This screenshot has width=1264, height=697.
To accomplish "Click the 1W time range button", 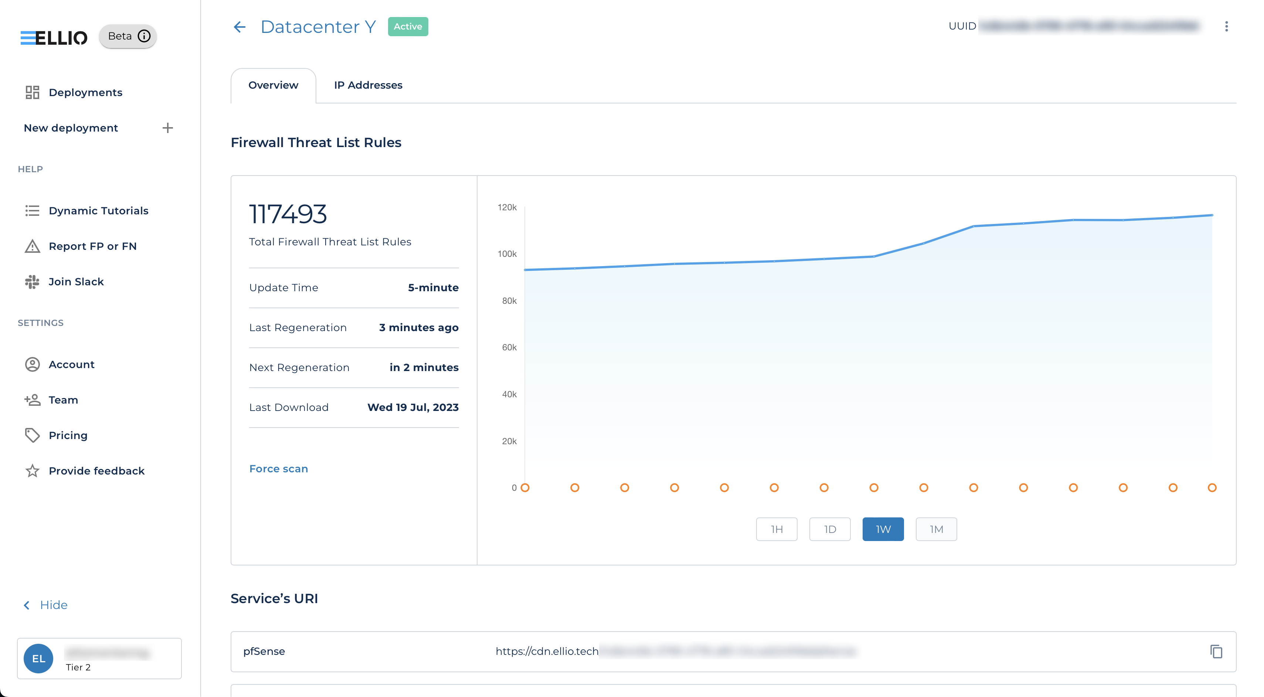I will coord(883,529).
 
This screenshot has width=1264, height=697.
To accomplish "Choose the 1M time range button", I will coord(936,529).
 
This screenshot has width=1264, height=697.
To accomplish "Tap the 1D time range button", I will coord(829,529).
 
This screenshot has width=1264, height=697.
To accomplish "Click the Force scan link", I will coord(278,469).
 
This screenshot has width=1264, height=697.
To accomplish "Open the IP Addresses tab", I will coord(368,85).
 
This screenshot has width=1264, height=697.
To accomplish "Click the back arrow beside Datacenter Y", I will coord(239,27).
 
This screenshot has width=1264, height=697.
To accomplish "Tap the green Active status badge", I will coord(408,27).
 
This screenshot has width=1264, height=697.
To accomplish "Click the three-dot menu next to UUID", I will coord(1226,27).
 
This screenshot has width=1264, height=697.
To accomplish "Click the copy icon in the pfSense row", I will coord(1216,652).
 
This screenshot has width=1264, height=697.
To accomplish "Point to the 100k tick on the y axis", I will coord(507,254).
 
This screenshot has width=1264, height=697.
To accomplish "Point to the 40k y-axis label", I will coord(509,394).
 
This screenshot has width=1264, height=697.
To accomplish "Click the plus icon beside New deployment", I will coord(167,128).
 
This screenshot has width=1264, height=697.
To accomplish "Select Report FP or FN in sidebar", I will coord(92,246).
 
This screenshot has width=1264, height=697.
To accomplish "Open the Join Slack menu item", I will coord(76,282).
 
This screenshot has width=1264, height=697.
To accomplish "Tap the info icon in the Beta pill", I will coord(144,36).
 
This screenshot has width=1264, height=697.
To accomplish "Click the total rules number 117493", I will coord(288,214).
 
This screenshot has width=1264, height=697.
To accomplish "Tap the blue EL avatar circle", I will coord(39,658).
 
